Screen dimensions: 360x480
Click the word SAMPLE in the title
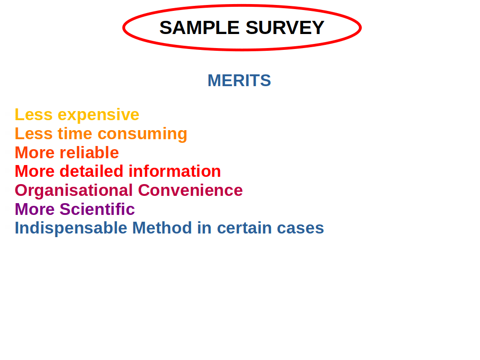[199, 28]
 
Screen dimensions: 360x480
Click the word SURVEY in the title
[284, 28]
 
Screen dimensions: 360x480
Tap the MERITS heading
[239, 81]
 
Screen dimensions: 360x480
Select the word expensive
[98, 115]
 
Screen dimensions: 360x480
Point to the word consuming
[142, 134]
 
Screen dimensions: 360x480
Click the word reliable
[89, 153]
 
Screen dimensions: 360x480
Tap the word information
[175, 171]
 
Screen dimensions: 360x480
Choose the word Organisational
[74, 190]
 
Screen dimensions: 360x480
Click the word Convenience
[190, 190]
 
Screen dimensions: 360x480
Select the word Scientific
[97, 209]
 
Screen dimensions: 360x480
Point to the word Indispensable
[71, 228]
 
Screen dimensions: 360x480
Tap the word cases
[300, 228]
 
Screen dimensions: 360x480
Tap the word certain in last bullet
[245, 228]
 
